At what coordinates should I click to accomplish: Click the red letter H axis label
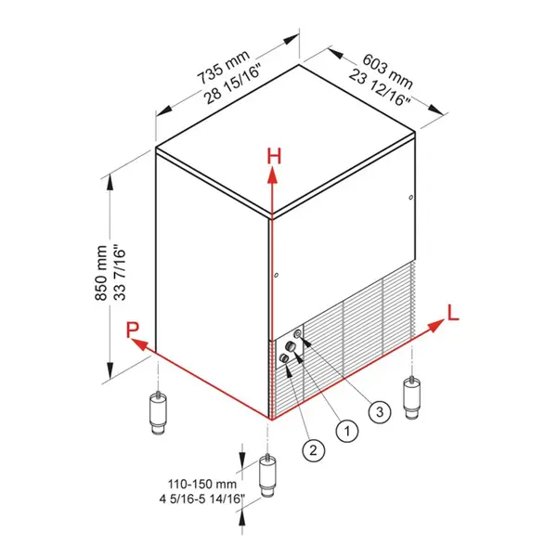[273, 155]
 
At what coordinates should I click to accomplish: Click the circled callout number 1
[346, 430]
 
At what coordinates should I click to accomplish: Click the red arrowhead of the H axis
[272, 174]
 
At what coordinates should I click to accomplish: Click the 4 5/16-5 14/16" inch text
[201, 499]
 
